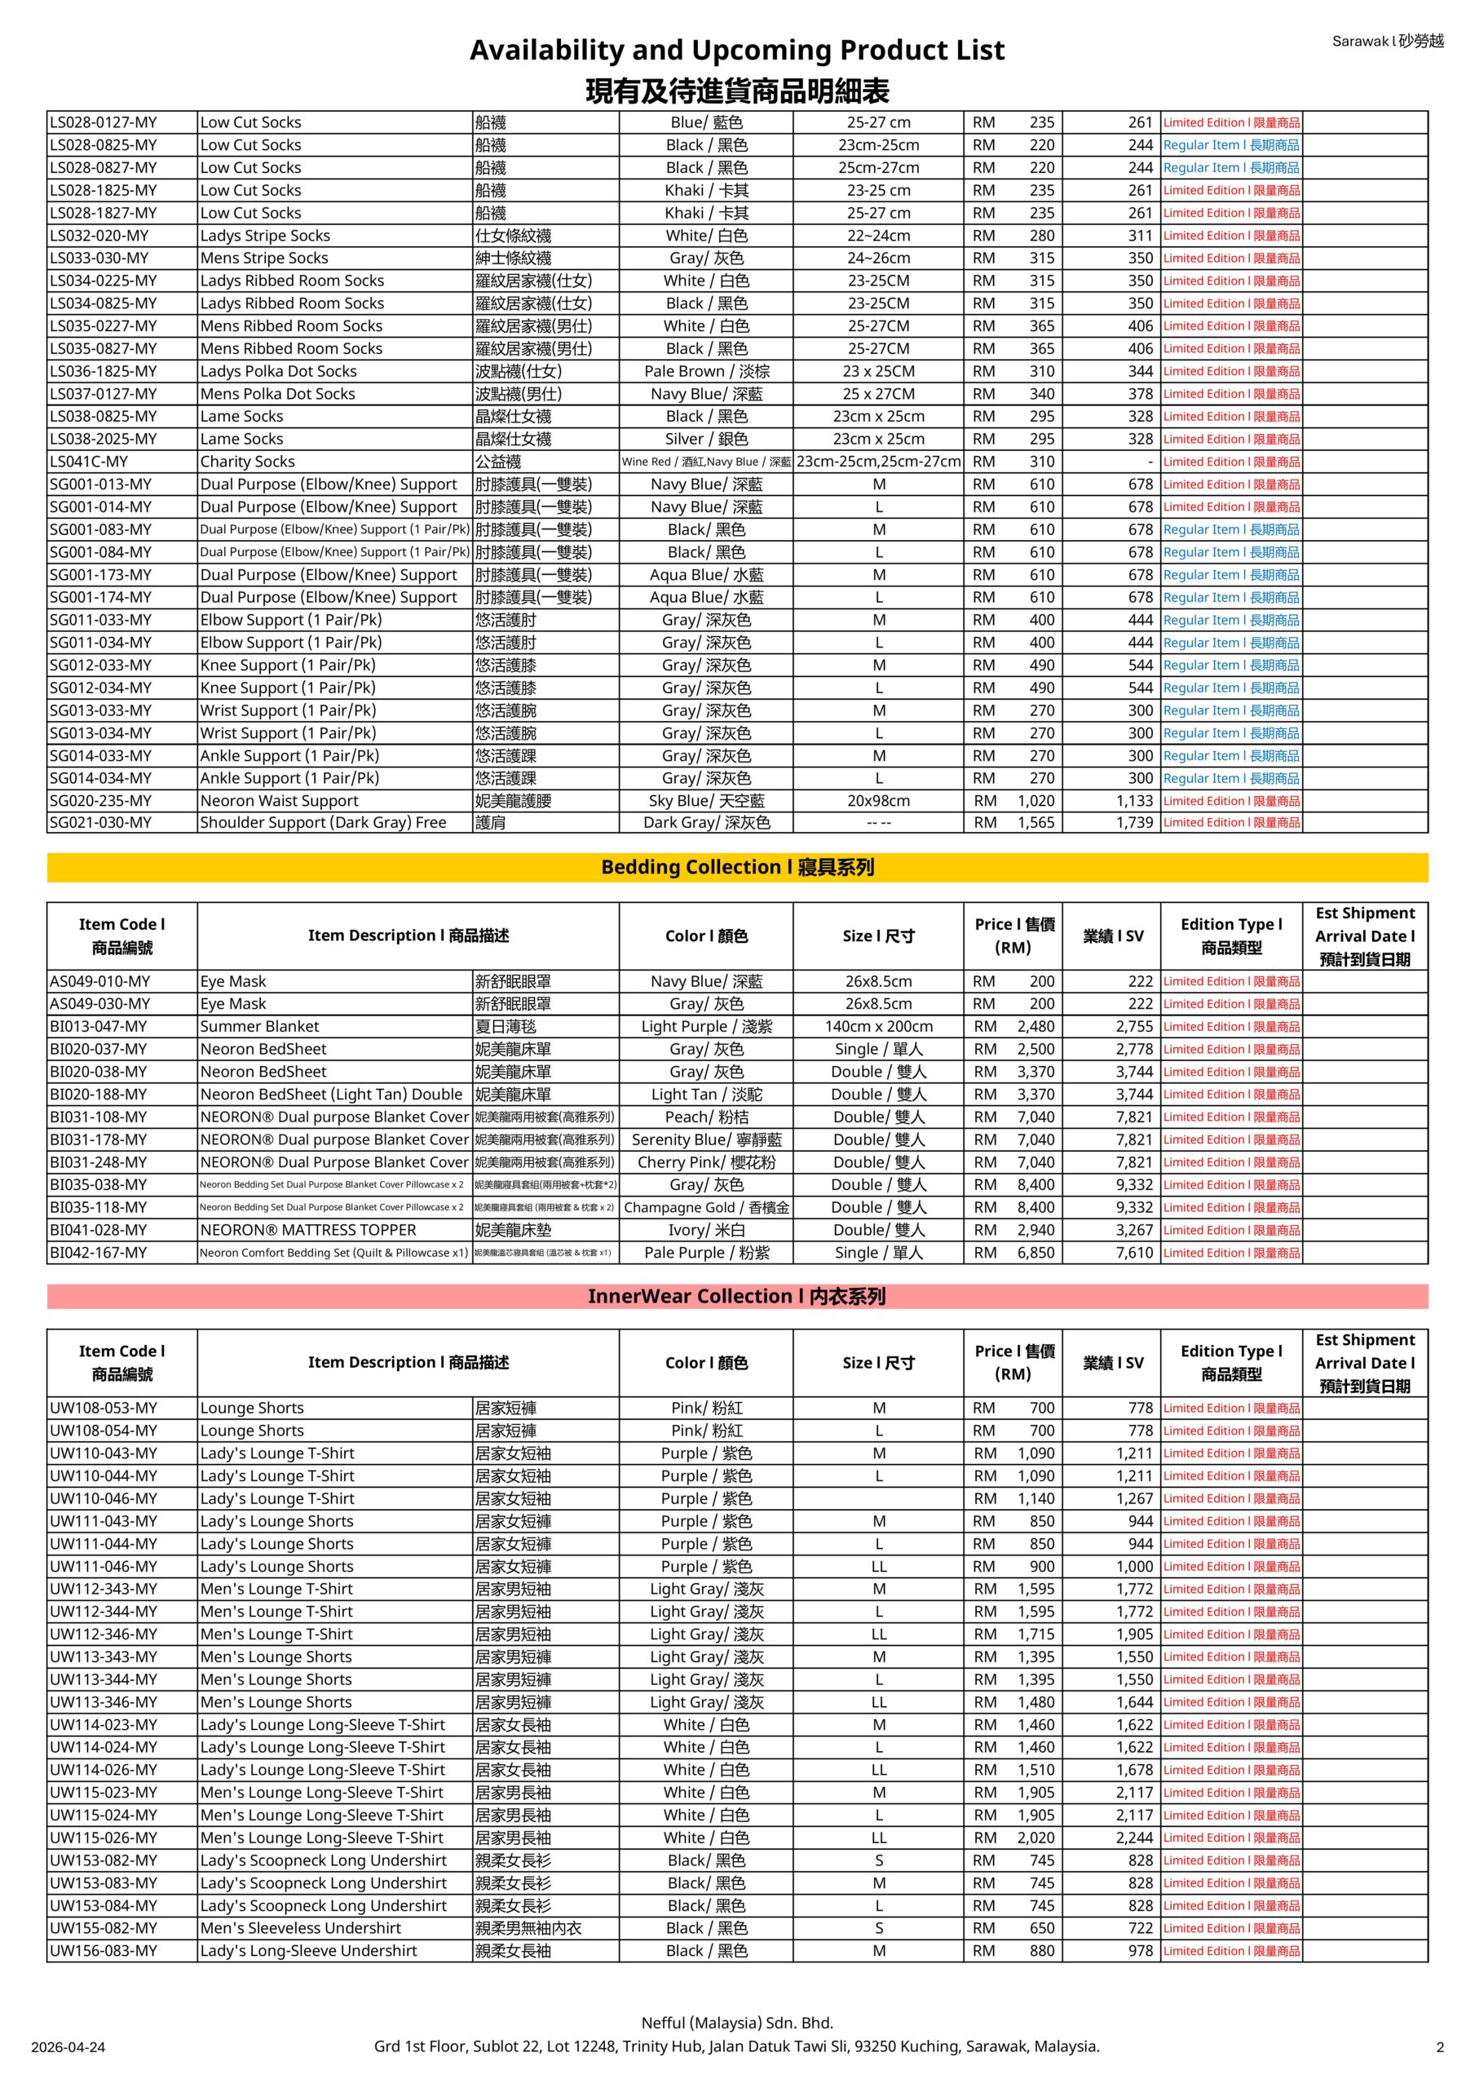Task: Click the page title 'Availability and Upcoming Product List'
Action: coord(736,50)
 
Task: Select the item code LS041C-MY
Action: coord(89,462)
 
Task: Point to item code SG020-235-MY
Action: coord(101,801)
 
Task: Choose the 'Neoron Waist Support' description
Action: coord(279,801)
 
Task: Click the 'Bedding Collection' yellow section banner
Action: coord(736,868)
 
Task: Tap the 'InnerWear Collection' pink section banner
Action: coord(736,1296)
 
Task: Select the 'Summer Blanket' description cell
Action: coord(260,1027)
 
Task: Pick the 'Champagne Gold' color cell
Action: coord(707,1208)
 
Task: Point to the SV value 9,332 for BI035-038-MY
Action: coord(1134,1185)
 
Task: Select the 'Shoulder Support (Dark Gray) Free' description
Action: coord(323,823)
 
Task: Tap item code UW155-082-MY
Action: coord(104,1928)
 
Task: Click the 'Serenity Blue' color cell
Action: coord(707,1140)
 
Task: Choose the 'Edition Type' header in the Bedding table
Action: coord(1231,936)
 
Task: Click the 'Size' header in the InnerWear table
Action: coord(878,1363)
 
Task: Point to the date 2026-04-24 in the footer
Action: coord(68,2048)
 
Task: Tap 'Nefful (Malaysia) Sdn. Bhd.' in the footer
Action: coord(736,2024)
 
